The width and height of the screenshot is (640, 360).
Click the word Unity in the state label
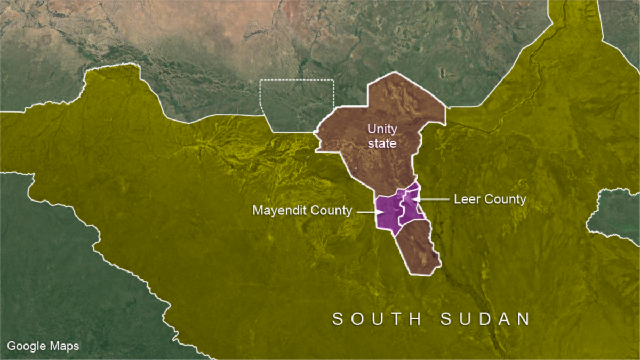(x=382, y=130)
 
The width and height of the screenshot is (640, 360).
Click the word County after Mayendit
(x=330, y=211)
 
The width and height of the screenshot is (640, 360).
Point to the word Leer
(x=465, y=199)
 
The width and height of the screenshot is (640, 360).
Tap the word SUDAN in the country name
(x=486, y=319)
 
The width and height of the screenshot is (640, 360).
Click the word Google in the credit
(x=25, y=347)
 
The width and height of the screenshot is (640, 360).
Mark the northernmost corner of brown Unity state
(x=395, y=73)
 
